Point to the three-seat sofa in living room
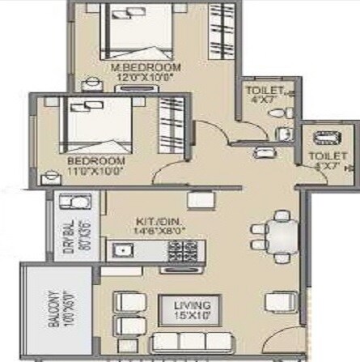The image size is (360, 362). pos(200,347)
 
